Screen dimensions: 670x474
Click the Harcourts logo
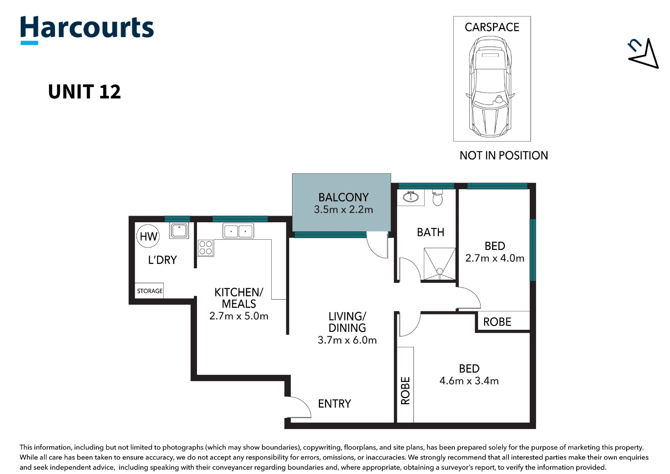click(x=87, y=29)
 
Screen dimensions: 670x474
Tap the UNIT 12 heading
click(x=84, y=92)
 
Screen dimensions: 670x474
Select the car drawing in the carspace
click(x=490, y=87)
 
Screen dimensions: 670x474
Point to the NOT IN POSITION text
click(x=504, y=156)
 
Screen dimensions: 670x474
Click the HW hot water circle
click(x=148, y=236)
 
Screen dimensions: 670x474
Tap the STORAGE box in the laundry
click(x=149, y=291)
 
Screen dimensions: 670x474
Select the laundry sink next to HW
click(x=179, y=231)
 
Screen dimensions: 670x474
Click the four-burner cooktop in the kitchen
click(x=205, y=248)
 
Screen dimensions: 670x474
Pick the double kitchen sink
click(x=238, y=231)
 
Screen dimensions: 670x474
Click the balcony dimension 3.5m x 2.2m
click(x=343, y=210)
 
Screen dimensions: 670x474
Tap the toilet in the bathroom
click(x=438, y=197)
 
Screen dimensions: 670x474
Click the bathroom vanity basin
click(x=411, y=197)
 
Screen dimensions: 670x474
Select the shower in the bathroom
click(x=440, y=264)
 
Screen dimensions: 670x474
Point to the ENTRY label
click(x=334, y=404)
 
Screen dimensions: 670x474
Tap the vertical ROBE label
click(x=405, y=391)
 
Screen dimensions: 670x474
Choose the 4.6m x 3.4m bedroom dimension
click(x=469, y=381)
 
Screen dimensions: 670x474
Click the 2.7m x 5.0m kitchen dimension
click(x=239, y=316)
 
